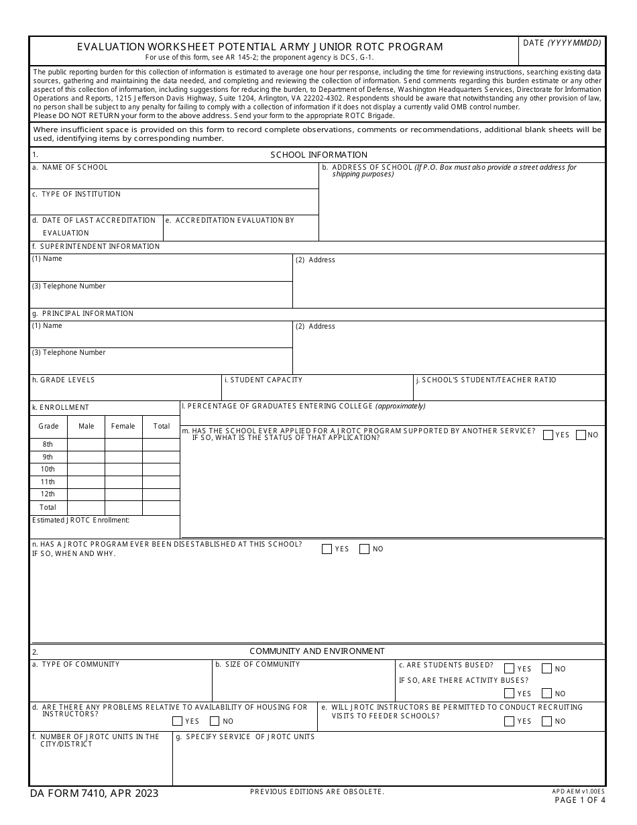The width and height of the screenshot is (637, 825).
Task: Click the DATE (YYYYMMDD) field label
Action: tap(562, 43)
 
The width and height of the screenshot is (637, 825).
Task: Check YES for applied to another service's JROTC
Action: tap(548, 435)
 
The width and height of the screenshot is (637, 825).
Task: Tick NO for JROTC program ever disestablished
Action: tap(365, 549)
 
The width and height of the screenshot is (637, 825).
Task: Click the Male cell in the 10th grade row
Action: tap(86, 470)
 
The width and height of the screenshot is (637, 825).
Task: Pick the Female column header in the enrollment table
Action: tap(123, 426)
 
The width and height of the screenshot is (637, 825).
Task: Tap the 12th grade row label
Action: tap(48, 494)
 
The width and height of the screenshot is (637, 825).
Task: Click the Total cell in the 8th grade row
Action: tap(161, 444)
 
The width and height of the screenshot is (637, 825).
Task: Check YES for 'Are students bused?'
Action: tap(509, 669)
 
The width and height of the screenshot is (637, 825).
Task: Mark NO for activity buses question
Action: tap(546, 694)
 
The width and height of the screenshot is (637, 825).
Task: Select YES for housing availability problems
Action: tap(178, 721)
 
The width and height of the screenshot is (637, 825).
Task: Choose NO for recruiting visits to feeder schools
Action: tap(546, 721)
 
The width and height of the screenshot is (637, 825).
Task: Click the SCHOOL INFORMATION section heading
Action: tap(318, 155)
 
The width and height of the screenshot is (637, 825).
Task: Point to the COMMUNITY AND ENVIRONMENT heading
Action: tap(317, 651)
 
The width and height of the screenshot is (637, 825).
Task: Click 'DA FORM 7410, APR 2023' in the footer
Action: tap(95, 793)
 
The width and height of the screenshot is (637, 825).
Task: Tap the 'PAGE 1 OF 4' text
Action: tap(579, 800)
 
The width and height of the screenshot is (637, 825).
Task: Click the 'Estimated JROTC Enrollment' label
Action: tap(80, 520)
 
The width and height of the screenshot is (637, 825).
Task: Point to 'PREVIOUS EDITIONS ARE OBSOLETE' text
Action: tap(317, 792)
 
